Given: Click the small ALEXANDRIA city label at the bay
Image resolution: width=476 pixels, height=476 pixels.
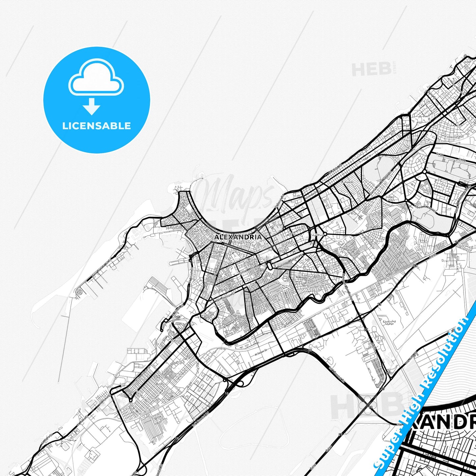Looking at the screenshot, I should [x=238, y=237].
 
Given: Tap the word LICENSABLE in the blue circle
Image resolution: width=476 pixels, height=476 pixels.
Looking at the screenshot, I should [x=97, y=126].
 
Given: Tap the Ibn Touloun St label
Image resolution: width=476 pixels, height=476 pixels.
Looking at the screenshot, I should [x=225, y=296].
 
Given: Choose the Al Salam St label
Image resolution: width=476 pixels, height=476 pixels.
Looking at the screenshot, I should [x=262, y=353].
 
